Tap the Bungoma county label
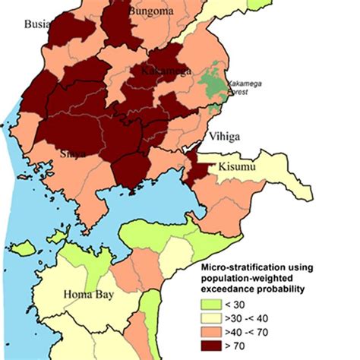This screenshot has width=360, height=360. (x=150, y=10)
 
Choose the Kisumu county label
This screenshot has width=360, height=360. (x=239, y=166)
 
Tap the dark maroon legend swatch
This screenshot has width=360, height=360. (x=211, y=345)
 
